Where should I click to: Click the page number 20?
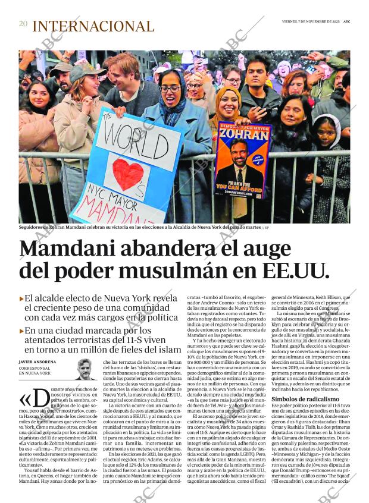tap(23, 24)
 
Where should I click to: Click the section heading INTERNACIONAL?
tap(93, 26)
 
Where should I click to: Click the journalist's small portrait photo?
tap(86, 369)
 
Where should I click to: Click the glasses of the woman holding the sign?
tap(170, 89)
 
